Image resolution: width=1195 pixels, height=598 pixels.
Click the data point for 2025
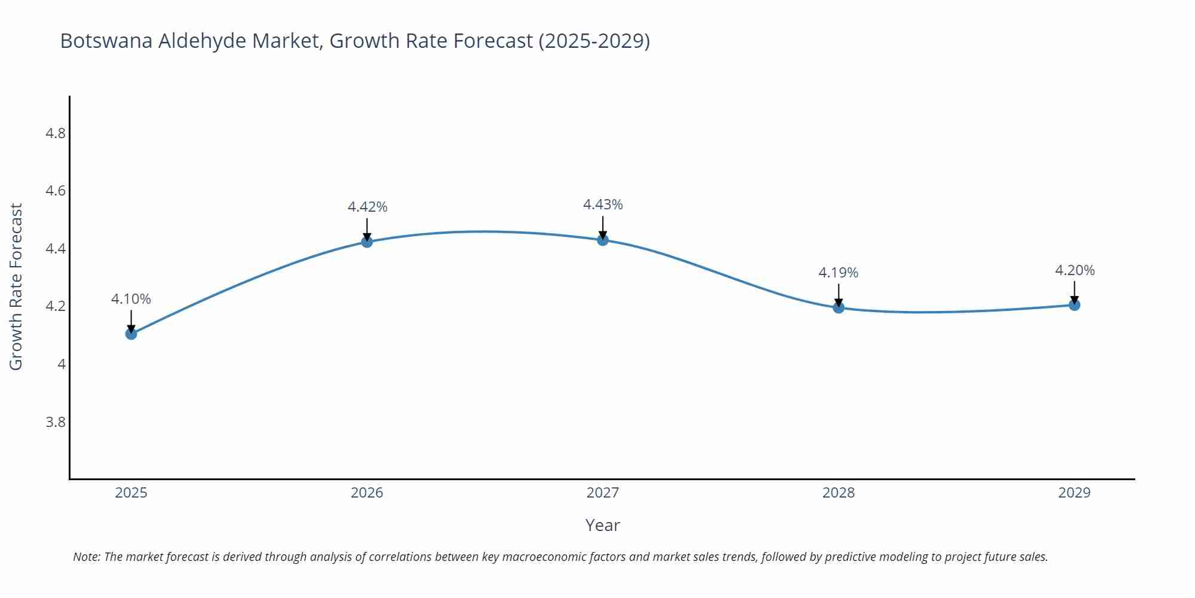pyautogui.click(x=131, y=334)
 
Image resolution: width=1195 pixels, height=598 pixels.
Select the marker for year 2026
pyautogui.click(x=367, y=242)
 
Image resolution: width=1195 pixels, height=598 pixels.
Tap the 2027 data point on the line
pyautogui.click(x=603, y=240)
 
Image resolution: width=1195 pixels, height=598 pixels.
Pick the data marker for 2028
pyautogui.click(x=838, y=307)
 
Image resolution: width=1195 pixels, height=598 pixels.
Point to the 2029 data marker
pyautogui.click(x=1074, y=305)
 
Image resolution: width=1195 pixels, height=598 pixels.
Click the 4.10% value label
pyautogui.click(x=131, y=299)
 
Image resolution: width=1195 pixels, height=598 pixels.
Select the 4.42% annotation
pyautogui.click(x=367, y=207)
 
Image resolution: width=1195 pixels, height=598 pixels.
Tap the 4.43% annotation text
pyautogui.click(x=603, y=205)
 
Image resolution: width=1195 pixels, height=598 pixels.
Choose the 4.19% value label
pyautogui.click(x=838, y=273)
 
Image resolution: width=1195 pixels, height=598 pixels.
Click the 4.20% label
pyautogui.click(x=1075, y=270)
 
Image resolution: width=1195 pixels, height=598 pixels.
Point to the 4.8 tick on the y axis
pyautogui.click(x=56, y=133)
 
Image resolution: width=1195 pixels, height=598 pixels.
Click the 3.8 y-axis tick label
pyautogui.click(x=56, y=422)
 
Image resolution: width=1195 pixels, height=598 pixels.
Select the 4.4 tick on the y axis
pyautogui.click(x=56, y=248)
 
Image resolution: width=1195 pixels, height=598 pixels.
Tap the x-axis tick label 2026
pyautogui.click(x=367, y=493)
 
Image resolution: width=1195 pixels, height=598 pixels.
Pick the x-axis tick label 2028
pyautogui.click(x=838, y=493)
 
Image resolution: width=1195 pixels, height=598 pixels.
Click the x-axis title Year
pyautogui.click(x=602, y=525)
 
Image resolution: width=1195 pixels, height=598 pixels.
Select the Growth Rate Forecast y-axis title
pyautogui.click(x=16, y=287)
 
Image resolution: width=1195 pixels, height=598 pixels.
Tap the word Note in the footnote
pyautogui.click(x=86, y=557)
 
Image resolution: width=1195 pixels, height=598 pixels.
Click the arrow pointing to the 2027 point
pyautogui.click(x=603, y=227)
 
